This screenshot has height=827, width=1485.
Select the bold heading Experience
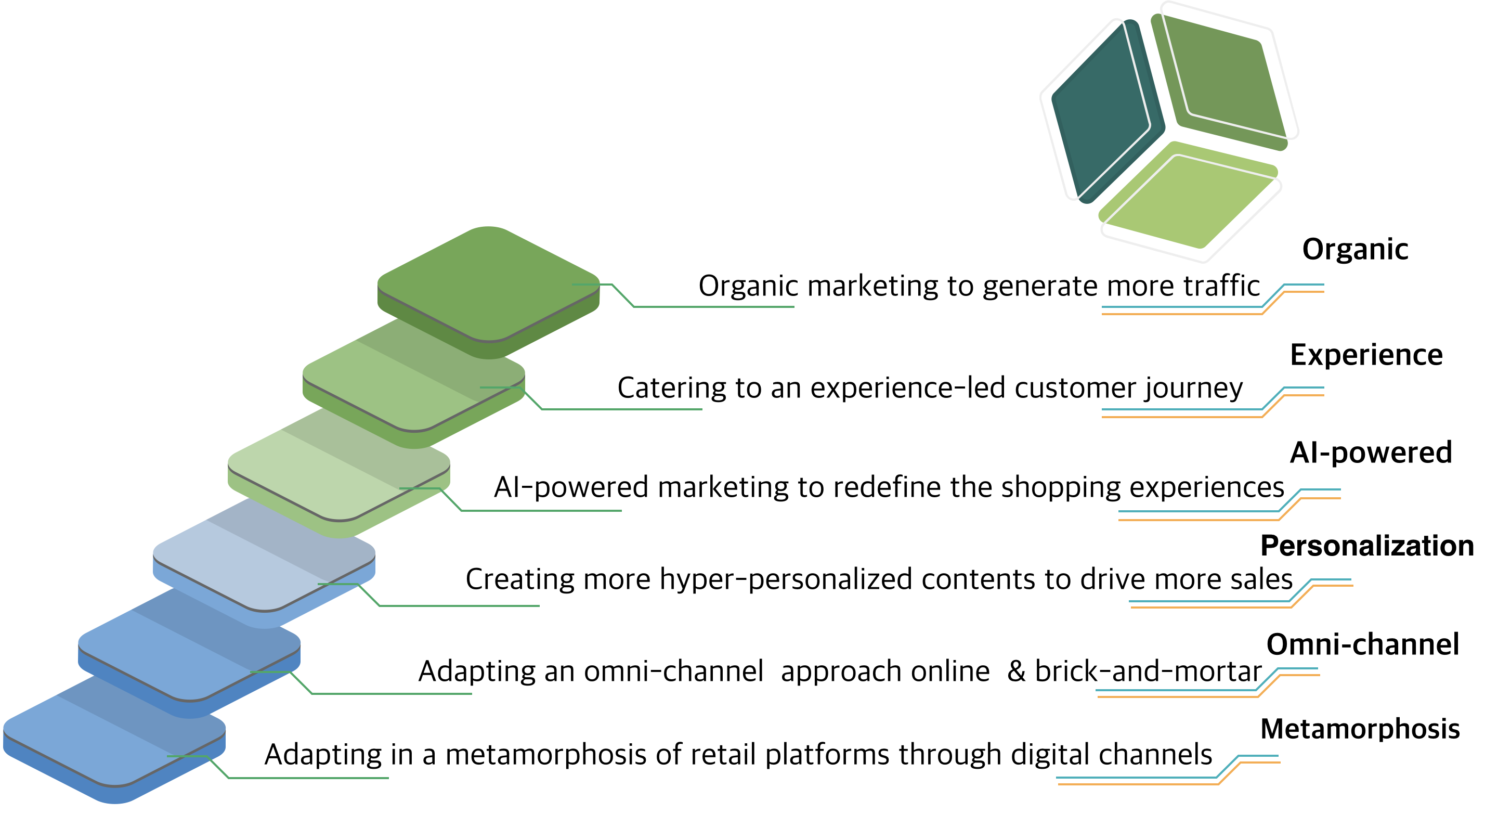coord(1366,355)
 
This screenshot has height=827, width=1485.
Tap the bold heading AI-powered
coord(1371,453)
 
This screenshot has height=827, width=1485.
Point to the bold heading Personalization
coord(1367,546)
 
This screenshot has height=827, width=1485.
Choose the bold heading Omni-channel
coord(1363,645)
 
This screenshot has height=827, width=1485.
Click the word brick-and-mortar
coord(1149,672)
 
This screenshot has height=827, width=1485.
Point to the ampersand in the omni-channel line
coord(1017,672)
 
